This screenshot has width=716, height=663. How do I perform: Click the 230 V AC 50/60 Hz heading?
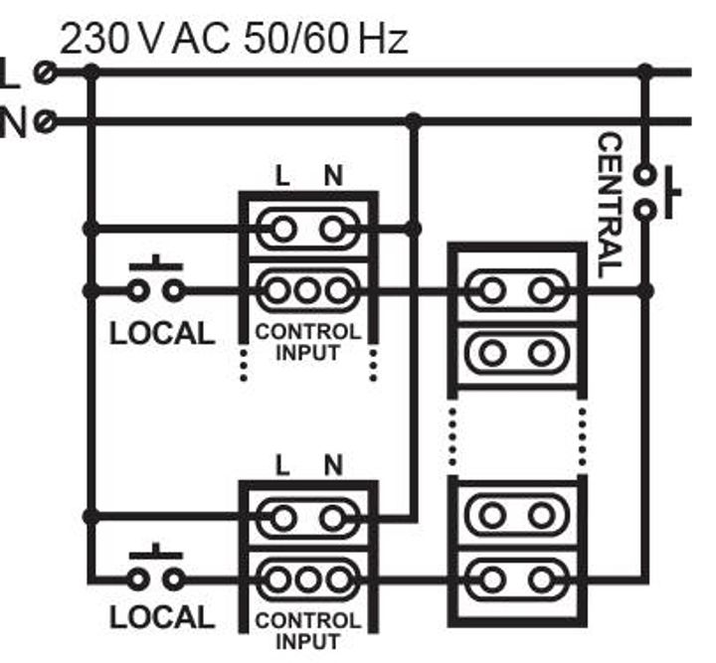pyautogui.click(x=234, y=39)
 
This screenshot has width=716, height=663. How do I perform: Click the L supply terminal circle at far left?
pyautogui.click(x=43, y=72)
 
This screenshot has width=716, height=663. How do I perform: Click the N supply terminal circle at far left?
pyautogui.click(x=43, y=122)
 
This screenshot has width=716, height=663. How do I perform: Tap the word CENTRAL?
pyautogui.click(x=609, y=205)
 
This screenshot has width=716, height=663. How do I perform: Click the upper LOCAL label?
pyautogui.click(x=161, y=334)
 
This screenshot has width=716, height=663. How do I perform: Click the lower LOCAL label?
pyautogui.click(x=161, y=617)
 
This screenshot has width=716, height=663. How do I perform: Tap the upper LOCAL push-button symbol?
pyautogui.click(x=156, y=282)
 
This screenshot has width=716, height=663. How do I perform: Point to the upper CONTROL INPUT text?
pyautogui.click(x=308, y=342)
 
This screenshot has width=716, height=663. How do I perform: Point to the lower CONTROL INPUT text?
pyautogui.click(x=308, y=629)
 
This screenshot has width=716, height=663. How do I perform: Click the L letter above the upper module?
pyautogui.click(x=283, y=177)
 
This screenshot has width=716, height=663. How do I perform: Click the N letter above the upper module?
pyautogui.click(x=333, y=177)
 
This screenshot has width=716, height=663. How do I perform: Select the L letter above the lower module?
pyautogui.click(x=283, y=464)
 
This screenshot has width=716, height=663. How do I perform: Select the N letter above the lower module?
pyautogui.click(x=333, y=464)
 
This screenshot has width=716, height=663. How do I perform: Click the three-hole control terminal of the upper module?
pyautogui.click(x=308, y=291)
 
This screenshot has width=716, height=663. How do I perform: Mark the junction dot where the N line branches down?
pyautogui.click(x=414, y=121)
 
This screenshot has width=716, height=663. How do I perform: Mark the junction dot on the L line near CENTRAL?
pyautogui.click(x=645, y=72)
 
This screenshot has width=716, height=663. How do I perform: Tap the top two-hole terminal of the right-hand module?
pyautogui.click(x=515, y=291)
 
